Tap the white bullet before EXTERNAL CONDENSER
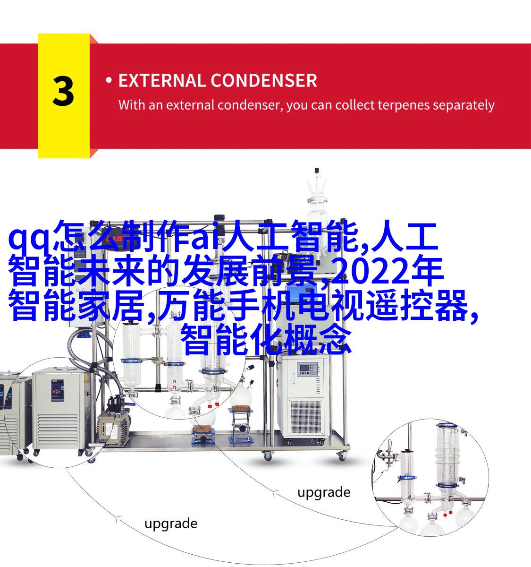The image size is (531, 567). [109, 80]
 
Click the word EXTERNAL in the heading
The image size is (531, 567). [161, 80]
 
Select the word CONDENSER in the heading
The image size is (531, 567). [264, 80]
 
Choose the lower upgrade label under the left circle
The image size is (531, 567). [170, 524]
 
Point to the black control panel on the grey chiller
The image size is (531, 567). [58, 391]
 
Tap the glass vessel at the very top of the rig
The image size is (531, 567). [317, 200]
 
